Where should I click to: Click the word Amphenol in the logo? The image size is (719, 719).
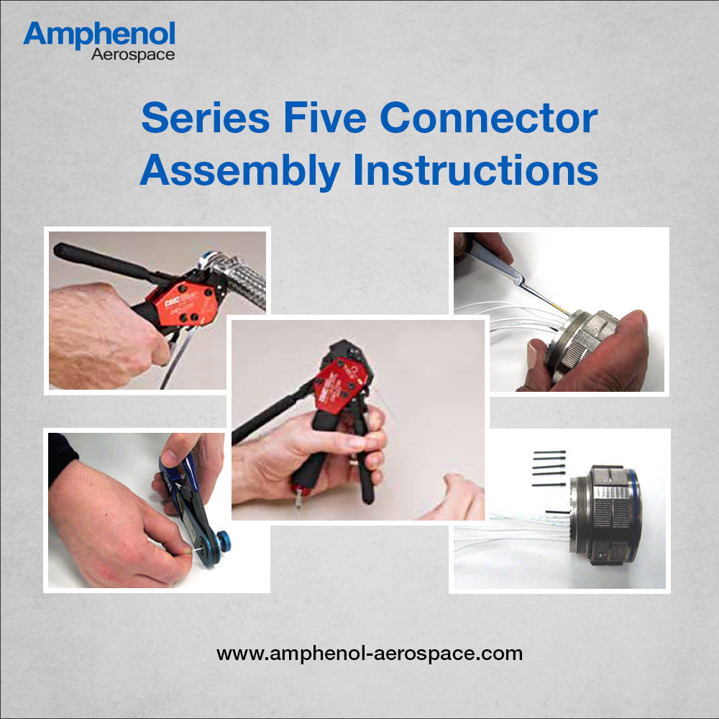click(x=99, y=34)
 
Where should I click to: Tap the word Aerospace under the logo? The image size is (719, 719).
click(x=133, y=55)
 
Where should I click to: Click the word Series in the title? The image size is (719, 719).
click(x=206, y=118)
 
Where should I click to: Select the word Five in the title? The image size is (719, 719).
click(x=325, y=118)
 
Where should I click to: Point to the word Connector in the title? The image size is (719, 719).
click(x=489, y=119)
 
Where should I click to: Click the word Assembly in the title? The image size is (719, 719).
click(x=240, y=171)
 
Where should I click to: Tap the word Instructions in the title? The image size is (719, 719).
click(x=475, y=170)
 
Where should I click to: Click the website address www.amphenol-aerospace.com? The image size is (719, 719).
click(x=370, y=653)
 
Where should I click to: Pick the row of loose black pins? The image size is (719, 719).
click(x=549, y=468)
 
